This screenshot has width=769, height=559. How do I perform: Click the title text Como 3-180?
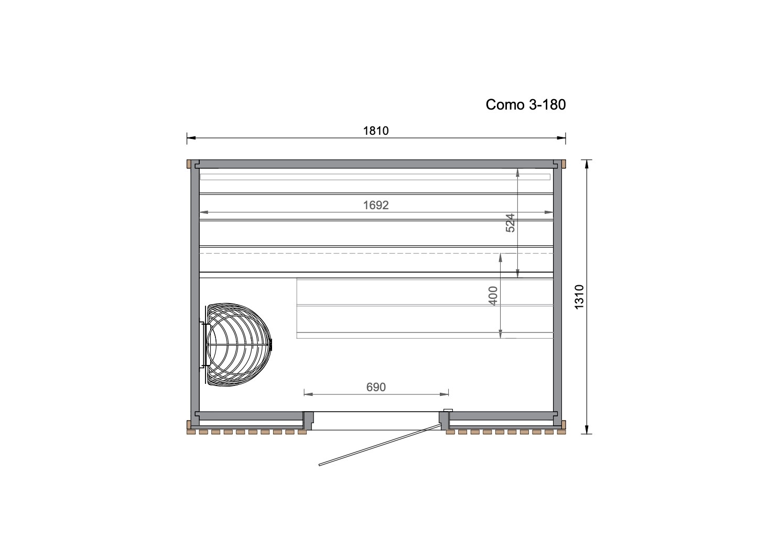pyautogui.click(x=525, y=104)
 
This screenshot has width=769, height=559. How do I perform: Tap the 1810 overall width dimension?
pyautogui.click(x=376, y=131)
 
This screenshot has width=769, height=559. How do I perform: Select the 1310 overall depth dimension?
pyautogui.click(x=579, y=297)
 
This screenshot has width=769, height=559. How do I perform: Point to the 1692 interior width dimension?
pyautogui.click(x=376, y=205)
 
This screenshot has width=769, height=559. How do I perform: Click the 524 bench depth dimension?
pyautogui.click(x=511, y=223)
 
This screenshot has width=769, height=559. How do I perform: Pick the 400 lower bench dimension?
pyautogui.click(x=493, y=296)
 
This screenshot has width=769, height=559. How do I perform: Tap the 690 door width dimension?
pyautogui.click(x=376, y=387)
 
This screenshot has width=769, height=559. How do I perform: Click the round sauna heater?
pyautogui.click(x=239, y=345)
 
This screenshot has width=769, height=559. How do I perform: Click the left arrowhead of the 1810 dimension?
pyautogui.click(x=191, y=138)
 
